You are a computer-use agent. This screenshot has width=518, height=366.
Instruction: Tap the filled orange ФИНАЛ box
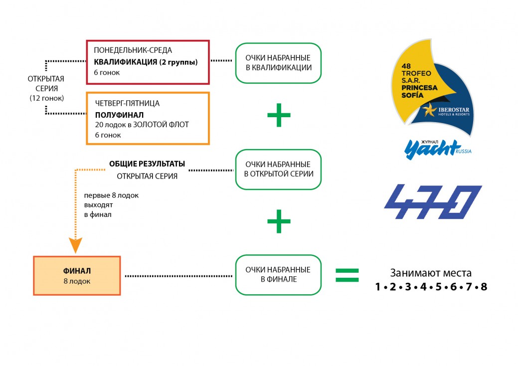click(x=77, y=276)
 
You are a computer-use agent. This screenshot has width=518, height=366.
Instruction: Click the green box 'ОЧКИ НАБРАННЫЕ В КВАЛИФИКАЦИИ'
click(x=278, y=63)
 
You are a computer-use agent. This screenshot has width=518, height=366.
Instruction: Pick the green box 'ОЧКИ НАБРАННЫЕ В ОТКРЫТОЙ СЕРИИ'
click(x=278, y=169)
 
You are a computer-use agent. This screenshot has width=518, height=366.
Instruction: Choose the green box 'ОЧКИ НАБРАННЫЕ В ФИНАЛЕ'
click(x=278, y=274)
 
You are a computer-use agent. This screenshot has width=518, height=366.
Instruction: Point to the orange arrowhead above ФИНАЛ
click(x=75, y=245)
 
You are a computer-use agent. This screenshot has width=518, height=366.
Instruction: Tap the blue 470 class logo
click(x=432, y=202)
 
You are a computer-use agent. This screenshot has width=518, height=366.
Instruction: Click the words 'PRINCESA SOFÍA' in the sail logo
click(x=418, y=91)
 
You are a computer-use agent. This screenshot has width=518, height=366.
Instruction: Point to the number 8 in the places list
click(x=483, y=287)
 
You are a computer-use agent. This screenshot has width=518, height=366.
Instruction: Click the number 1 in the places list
click(x=378, y=287)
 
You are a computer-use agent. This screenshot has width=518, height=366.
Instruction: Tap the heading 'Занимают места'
click(x=430, y=273)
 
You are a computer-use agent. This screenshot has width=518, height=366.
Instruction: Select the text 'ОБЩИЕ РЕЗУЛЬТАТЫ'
click(x=147, y=164)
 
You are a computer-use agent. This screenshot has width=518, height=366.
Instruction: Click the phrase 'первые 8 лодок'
click(x=111, y=195)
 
